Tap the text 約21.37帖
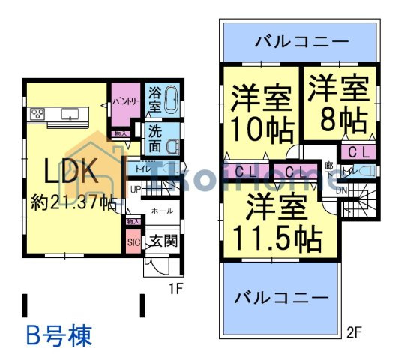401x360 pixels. (x=73, y=202)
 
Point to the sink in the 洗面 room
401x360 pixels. (x=172, y=146)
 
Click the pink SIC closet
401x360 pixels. (x=133, y=242)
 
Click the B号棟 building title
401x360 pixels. (x=59, y=334)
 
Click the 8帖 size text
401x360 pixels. (x=340, y=118)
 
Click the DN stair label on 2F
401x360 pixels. (x=341, y=190)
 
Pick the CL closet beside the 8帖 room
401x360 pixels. (x=357, y=152)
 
